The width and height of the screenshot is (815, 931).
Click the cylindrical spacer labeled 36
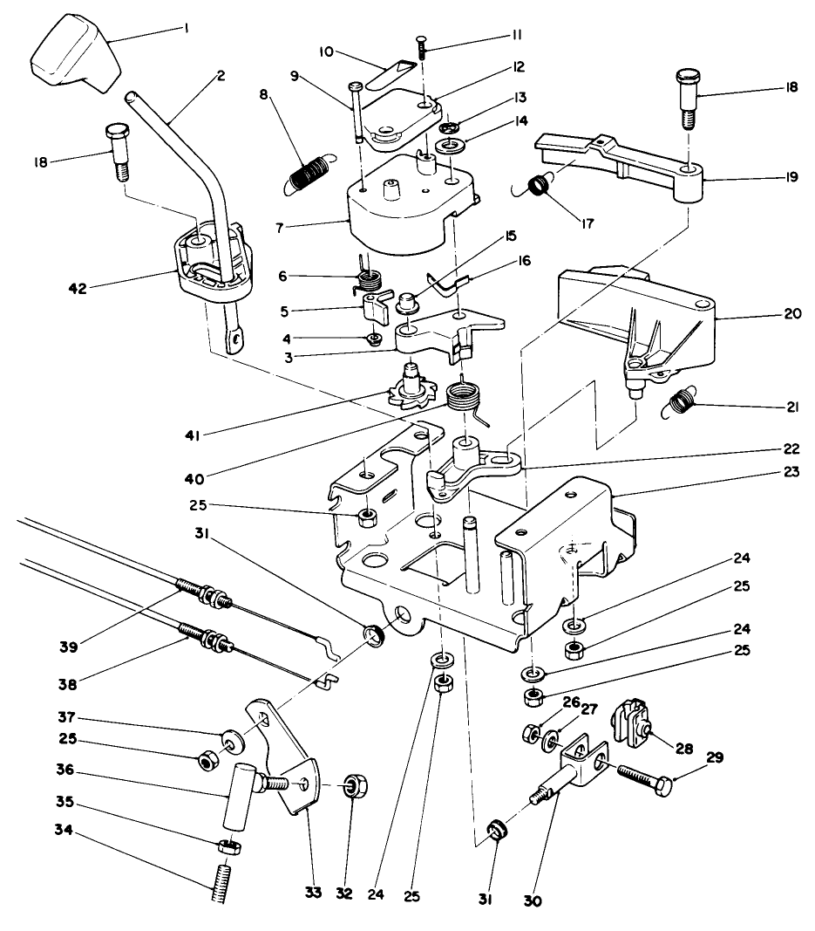click(x=238, y=795)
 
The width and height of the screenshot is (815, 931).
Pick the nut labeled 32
click(x=355, y=786)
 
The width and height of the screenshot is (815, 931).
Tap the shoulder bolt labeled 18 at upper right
click(x=686, y=94)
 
